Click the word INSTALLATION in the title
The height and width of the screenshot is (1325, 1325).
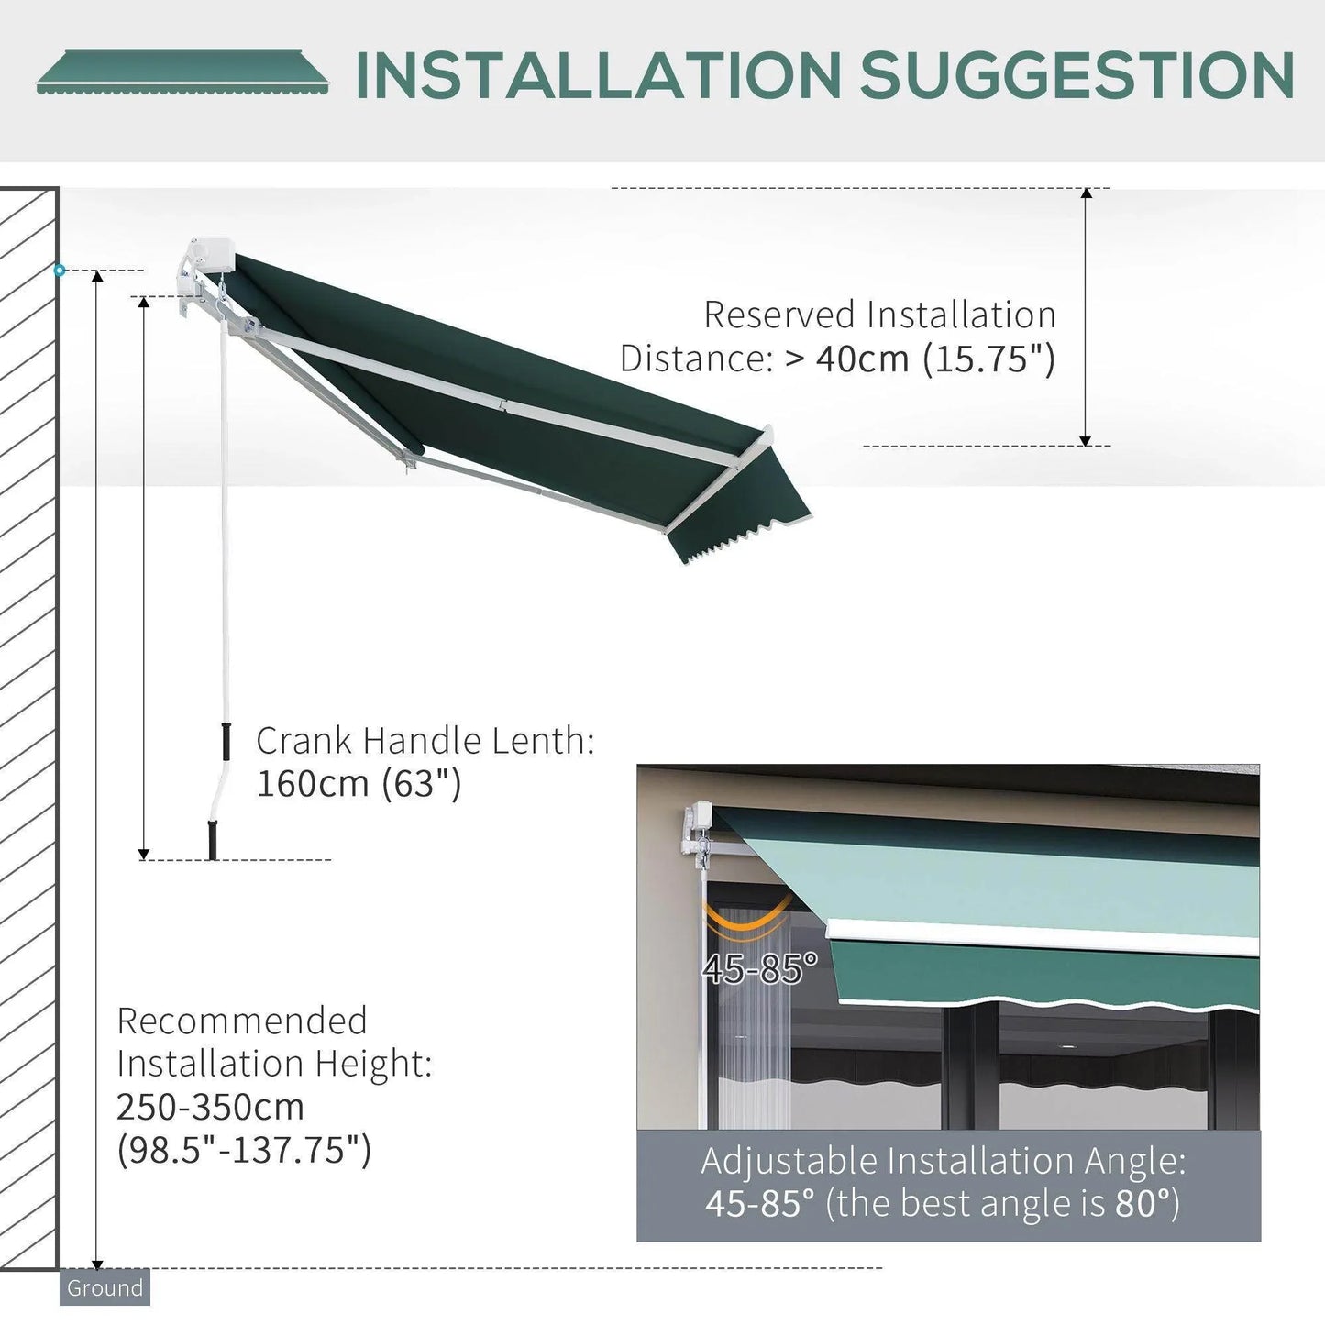(598, 76)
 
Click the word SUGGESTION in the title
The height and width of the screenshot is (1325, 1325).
(1077, 76)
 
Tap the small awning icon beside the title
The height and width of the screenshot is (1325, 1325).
(183, 72)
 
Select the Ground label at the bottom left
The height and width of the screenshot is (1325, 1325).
(105, 1287)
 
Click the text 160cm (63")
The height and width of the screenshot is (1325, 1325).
(359, 784)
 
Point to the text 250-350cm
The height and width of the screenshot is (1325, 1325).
(210, 1107)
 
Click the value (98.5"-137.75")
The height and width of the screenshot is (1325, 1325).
(244, 1149)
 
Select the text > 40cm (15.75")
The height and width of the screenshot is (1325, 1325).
(920, 359)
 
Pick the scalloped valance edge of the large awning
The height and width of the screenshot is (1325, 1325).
(734, 541)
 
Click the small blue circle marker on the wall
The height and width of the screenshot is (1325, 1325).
(60, 271)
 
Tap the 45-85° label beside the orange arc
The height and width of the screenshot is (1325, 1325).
(758, 968)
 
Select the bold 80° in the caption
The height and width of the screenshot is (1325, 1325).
(1142, 1203)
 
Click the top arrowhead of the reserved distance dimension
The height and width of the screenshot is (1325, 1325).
(1086, 194)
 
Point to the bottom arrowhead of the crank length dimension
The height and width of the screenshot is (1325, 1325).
(144, 854)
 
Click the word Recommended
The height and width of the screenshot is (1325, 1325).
(242, 1021)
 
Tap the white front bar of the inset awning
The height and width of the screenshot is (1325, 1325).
(1041, 937)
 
